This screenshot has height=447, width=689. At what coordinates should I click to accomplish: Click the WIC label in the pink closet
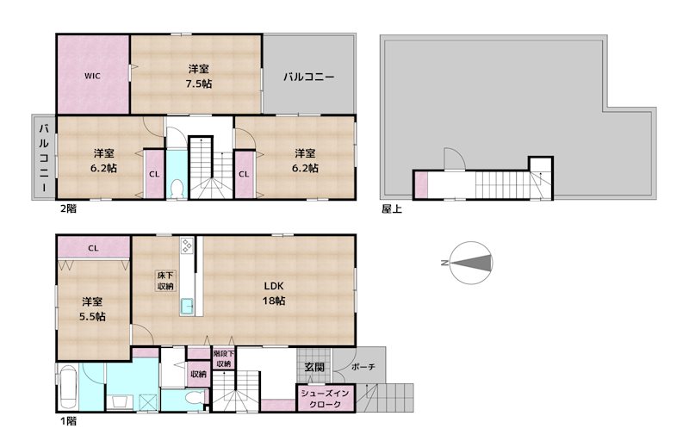92,76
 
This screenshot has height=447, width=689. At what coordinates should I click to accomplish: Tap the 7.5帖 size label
199,84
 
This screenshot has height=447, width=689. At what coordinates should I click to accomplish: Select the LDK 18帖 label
274,293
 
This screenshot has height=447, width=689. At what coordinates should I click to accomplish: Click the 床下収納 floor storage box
165,281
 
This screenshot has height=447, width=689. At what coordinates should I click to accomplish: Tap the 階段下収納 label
224,358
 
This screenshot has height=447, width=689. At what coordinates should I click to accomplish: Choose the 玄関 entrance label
314,367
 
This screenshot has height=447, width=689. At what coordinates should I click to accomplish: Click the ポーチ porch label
363,367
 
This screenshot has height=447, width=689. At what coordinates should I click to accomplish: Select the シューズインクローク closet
326,399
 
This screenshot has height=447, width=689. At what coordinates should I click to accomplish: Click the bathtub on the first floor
68,388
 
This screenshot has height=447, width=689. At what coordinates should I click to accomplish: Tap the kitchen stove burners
187,245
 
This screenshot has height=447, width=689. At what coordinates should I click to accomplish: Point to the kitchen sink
187,305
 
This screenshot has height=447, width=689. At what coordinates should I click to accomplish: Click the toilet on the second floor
177,189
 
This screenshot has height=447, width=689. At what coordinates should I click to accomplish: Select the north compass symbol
470,263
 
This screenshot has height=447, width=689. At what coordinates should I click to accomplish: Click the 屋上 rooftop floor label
392,208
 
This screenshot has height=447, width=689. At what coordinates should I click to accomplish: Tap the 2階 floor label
68,208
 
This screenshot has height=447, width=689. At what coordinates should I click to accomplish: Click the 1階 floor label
68,421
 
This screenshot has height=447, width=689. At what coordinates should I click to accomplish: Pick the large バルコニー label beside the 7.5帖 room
308,77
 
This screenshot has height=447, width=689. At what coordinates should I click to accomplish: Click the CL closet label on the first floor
93,248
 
